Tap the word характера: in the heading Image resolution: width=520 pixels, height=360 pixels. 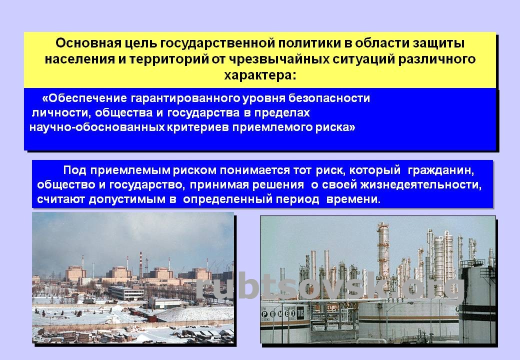[260, 75]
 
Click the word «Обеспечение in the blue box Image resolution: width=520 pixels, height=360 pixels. [84, 98]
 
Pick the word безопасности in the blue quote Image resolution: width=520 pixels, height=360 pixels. [329, 98]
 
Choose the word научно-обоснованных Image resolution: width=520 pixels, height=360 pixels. [97, 127]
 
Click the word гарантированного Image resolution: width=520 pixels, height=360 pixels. [185, 98]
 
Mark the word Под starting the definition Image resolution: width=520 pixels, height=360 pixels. [74, 170]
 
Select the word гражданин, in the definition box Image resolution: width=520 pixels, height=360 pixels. [440, 170]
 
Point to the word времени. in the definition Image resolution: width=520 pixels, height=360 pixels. [353, 199]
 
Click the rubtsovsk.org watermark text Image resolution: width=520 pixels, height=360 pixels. [329, 287]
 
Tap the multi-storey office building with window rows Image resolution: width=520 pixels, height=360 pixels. [126, 292]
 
